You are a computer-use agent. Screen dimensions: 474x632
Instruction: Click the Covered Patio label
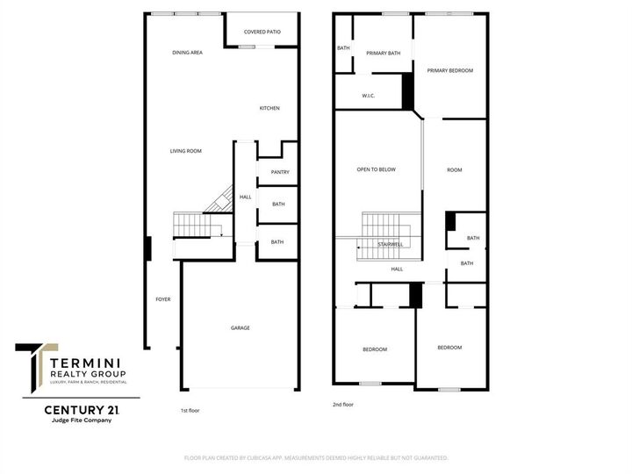[262, 32]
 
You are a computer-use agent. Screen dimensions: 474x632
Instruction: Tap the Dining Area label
[188, 53]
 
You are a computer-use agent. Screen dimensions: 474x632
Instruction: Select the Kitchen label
[269, 108]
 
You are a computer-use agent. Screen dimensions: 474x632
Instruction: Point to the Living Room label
[186, 151]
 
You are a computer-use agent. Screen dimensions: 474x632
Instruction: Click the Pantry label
[280, 172]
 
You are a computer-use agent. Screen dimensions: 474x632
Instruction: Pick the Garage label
[241, 327]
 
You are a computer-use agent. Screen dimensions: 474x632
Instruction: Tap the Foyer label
[163, 299]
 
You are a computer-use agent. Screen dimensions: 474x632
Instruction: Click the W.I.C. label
[369, 96]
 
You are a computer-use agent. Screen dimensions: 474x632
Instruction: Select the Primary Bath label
[384, 54]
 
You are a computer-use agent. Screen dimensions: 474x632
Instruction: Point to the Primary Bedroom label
[450, 70]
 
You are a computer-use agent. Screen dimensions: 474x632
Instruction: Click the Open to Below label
[376, 169]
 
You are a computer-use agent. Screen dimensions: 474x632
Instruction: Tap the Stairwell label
[390, 244]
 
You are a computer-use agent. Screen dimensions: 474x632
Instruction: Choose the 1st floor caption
[190, 410]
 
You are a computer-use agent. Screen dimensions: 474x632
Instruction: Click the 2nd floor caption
[342, 405]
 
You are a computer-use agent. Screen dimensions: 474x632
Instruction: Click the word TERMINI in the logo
[87, 362]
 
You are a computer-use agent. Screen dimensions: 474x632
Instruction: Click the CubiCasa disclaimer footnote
[316, 457]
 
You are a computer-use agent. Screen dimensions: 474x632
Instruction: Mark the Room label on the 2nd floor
[454, 169]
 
